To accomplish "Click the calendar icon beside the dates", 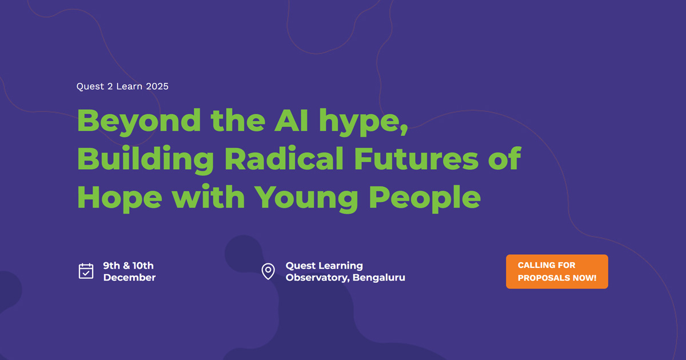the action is pyautogui.click(x=86, y=271).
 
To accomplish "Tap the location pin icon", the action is pyautogui.click(x=268, y=271).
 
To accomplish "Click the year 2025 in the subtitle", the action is pyautogui.click(x=157, y=86).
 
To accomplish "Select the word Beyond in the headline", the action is pyautogui.click(x=139, y=122).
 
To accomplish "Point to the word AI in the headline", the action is pyautogui.click(x=291, y=120).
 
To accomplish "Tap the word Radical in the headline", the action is pyautogui.click(x=284, y=158).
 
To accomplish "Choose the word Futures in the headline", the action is pyautogui.click(x=416, y=158).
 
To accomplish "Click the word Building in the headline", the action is pyautogui.click(x=145, y=160).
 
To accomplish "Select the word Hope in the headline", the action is pyautogui.click(x=119, y=198).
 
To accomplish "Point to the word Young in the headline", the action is pyautogui.click(x=306, y=198).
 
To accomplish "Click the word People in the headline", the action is pyautogui.click(x=424, y=198).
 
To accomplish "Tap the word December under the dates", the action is pyautogui.click(x=130, y=277).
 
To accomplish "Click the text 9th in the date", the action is pyautogui.click(x=111, y=265).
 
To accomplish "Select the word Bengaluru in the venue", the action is pyautogui.click(x=379, y=277).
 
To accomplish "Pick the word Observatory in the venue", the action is pyautogui.click(x=318, y=278).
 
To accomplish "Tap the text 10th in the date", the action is pyautogui.click(x=143, y=265).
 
